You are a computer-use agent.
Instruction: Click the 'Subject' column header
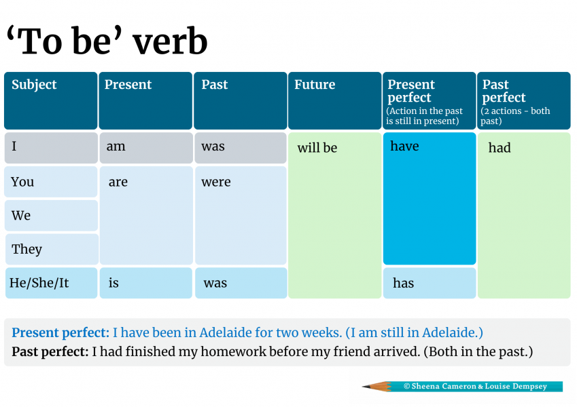click(51, 100)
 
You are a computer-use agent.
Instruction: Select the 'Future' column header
click(334, 100)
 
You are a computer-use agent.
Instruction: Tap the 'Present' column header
click(145, 100)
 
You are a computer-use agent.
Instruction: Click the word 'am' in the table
click(116, 147)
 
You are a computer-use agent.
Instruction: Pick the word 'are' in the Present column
click(118, 182)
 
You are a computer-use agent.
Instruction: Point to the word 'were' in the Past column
click(216, 182)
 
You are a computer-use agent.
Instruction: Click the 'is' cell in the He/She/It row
click(145, 283)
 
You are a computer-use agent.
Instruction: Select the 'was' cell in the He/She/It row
click(241, 283)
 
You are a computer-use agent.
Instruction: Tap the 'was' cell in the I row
click(241, 148)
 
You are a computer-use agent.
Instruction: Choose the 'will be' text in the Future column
click(317, 148)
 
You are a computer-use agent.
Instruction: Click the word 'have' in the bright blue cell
click(404, 147)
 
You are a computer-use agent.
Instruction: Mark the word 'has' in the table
click(403, 284)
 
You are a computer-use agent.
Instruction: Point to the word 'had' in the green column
click(500, 148)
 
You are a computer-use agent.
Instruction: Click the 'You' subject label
click(22, 182)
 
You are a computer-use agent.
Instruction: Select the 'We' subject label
click(21, 216)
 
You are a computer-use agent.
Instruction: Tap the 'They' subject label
click(27, 250)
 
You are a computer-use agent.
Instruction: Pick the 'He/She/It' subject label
click(39, 283)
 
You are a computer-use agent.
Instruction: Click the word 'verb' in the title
click(170, 41)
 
